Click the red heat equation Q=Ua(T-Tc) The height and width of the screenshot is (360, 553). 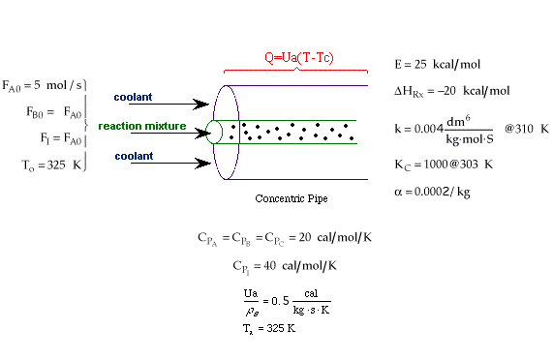tap(299, 57)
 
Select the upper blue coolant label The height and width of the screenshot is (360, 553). tap(133, 97)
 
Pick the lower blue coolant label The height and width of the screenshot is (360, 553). tap(134, 156)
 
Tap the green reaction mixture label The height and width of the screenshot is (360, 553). tap(142, 126)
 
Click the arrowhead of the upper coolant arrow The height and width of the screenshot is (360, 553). tap(201, 105)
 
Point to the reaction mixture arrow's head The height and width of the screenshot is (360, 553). tap(203, 134)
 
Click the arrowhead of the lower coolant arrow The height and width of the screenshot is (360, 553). tap(203, 164)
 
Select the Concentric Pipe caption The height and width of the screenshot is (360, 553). tap(292, 198)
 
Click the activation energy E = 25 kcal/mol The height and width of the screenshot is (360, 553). tap(438, 64)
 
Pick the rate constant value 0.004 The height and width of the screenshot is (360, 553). tap(429, 129)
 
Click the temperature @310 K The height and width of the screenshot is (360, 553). tap(527, 129)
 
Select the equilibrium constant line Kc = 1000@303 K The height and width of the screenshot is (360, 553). tap(444, 165)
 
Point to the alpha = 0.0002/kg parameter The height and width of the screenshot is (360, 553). tap(432, 192)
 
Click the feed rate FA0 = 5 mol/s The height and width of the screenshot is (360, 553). tap(42, 85)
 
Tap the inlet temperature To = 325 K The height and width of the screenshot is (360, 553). tap(52, 165)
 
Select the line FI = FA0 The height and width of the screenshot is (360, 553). tap(61, 138)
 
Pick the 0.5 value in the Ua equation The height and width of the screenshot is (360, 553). tap(281, 301)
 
